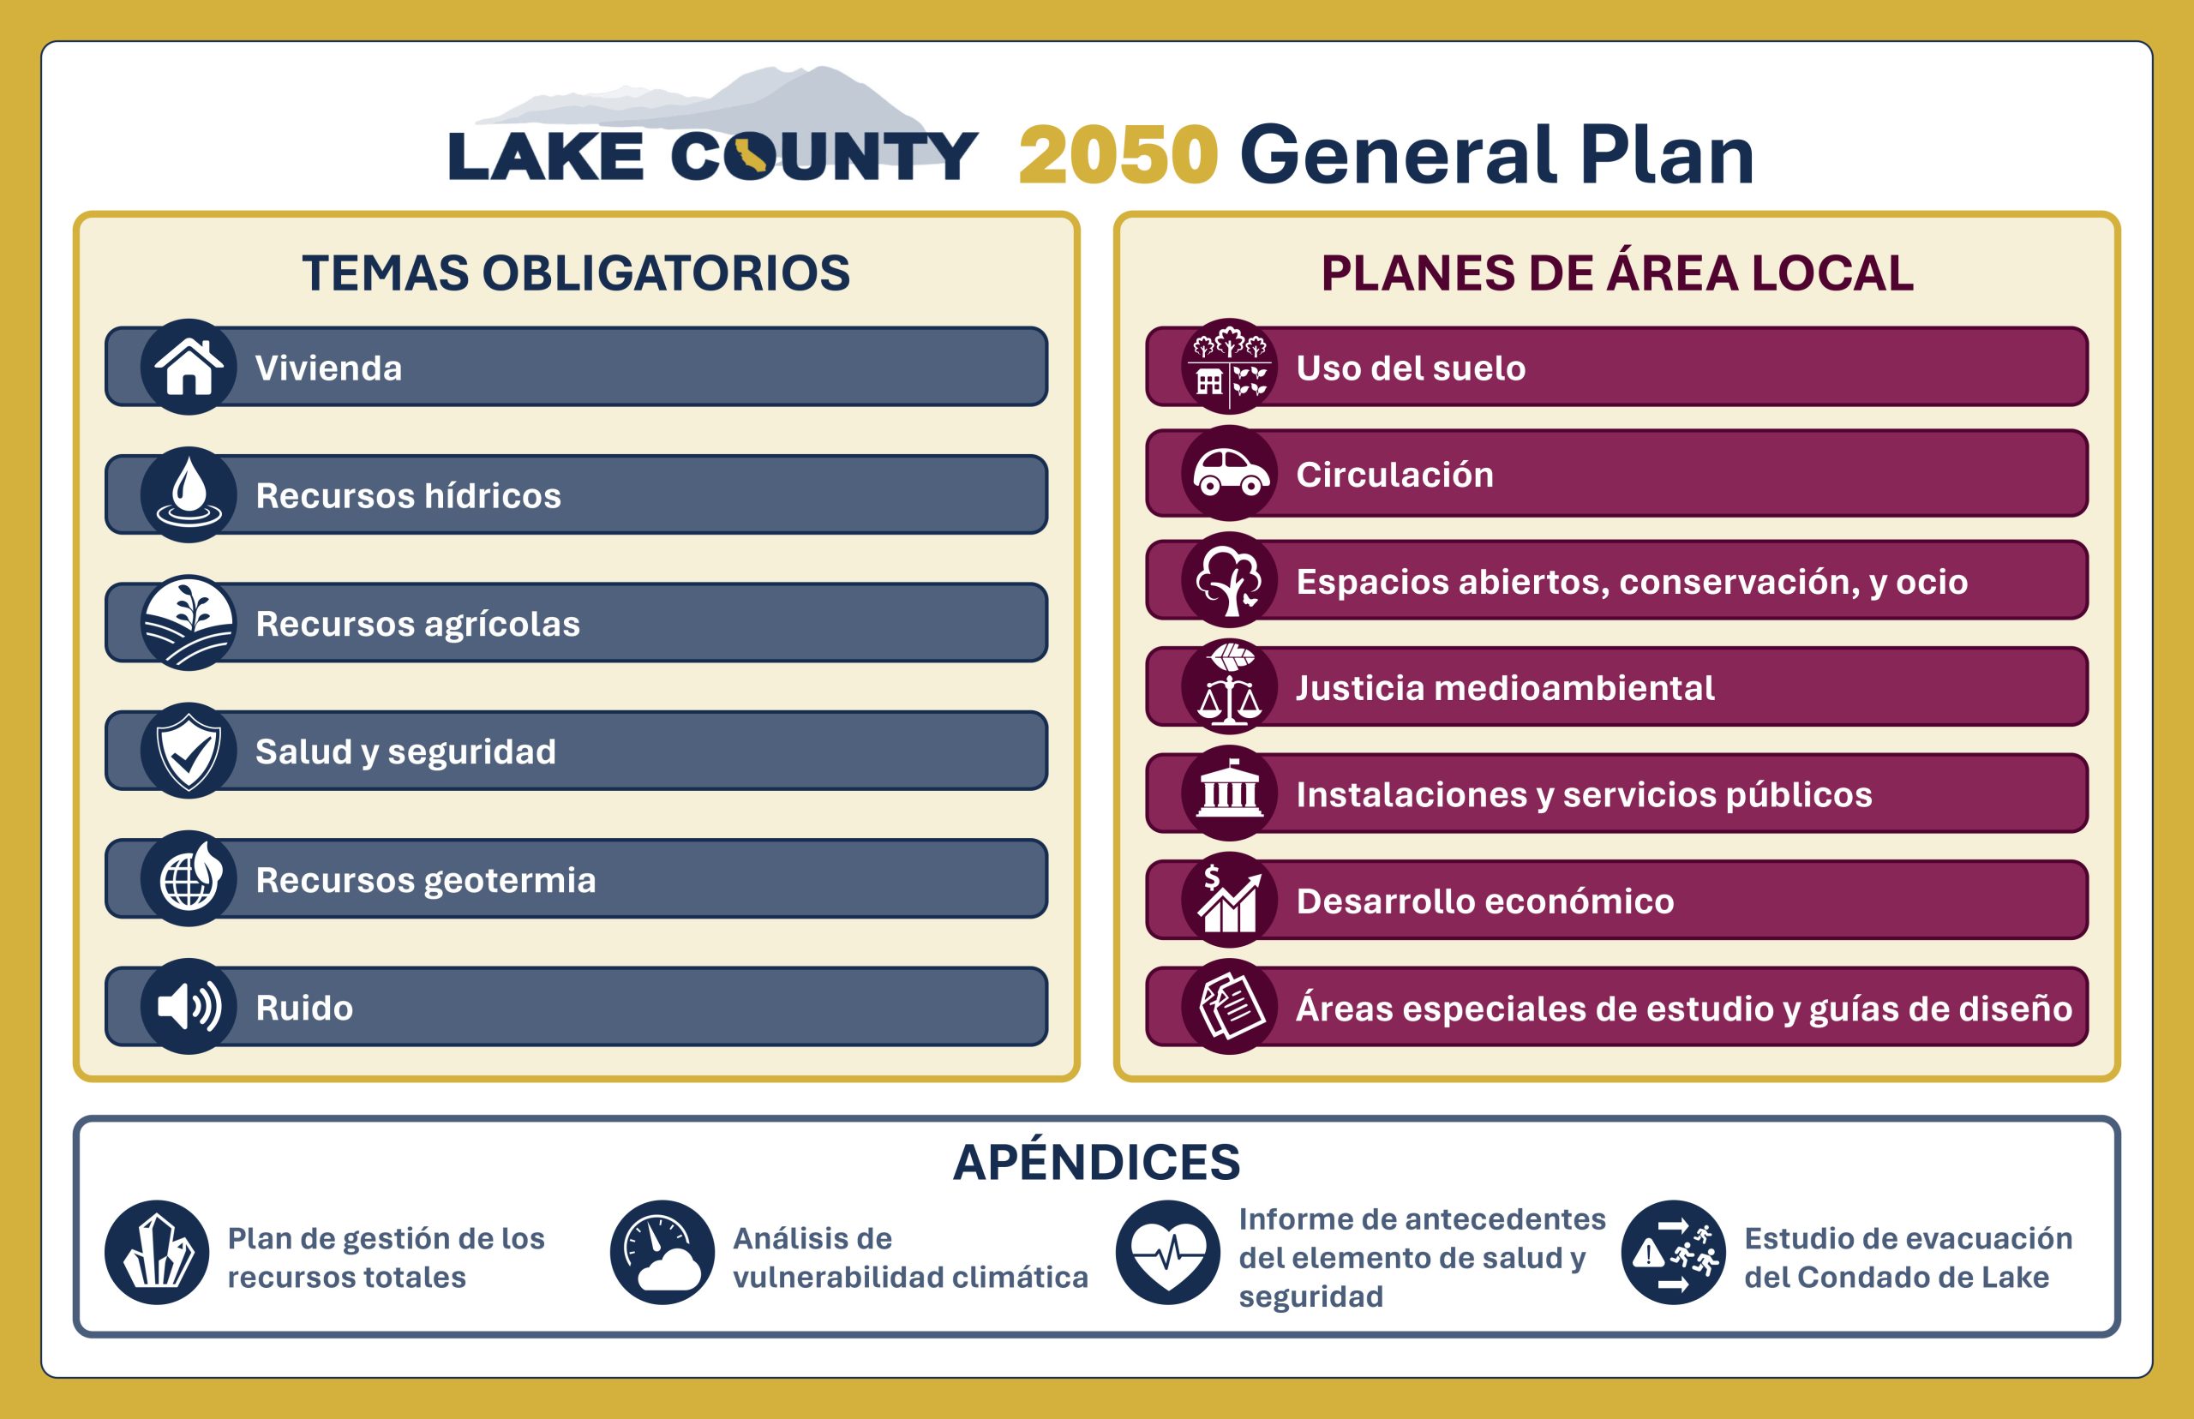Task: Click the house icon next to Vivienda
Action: coord(189,367)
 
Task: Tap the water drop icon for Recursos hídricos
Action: coord(189,494)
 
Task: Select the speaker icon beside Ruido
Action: coord(189,1006)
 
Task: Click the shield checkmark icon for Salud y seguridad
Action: coord(189,751)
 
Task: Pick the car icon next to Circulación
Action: coord(1229,474)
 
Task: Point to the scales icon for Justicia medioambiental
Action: coord(1229,686)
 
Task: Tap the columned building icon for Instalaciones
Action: coord(1229,793)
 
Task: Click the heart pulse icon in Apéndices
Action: coord(1167,1252)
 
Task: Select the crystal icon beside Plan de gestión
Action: coord(157,1252)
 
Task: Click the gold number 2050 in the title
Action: coord(1118,155)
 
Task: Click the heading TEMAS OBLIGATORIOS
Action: coord(576,272)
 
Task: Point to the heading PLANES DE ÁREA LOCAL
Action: coord(1617,272)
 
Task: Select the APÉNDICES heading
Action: coord(1096,1161)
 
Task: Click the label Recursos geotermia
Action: coord(426,880)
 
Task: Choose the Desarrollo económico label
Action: coord(1485,901)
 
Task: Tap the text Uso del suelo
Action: coord(1411,368)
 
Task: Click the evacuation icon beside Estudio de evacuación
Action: coord(1674,1252)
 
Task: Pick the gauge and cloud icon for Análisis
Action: coord(662,1252)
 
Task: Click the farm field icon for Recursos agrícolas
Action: coord(189,623)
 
